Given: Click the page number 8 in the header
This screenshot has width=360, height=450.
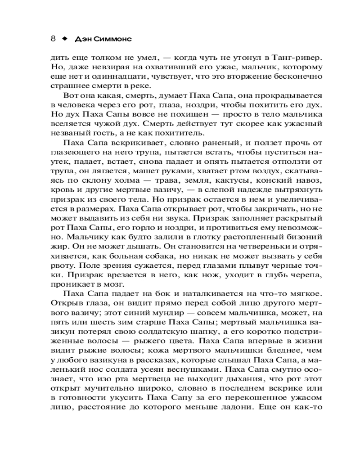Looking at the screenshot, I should point(53,39).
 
